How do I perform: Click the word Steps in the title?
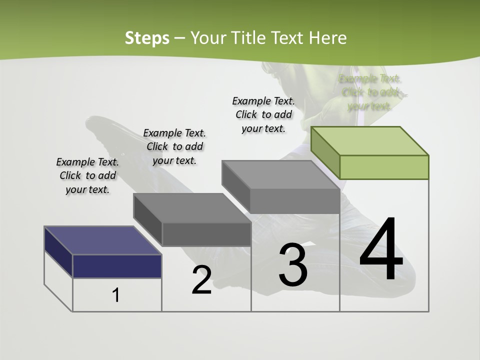coord(147,38)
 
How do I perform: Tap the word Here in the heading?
coord(328,38)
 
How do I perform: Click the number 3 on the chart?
coord(293,265)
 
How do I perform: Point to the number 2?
coord(201,280)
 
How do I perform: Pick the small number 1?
coord(116,295)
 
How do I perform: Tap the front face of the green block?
coord(384,167)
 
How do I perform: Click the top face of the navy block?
coord(103,240)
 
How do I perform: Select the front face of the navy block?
coord(117,266)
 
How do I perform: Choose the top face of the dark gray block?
coord(192,207)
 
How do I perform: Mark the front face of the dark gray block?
coord(206,234)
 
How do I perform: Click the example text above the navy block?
coord(87,176)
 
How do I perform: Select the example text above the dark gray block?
coord(174,146)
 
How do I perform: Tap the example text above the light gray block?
coord(263,114)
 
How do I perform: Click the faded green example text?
coord(370,92)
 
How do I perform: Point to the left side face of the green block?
coord(325,152)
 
